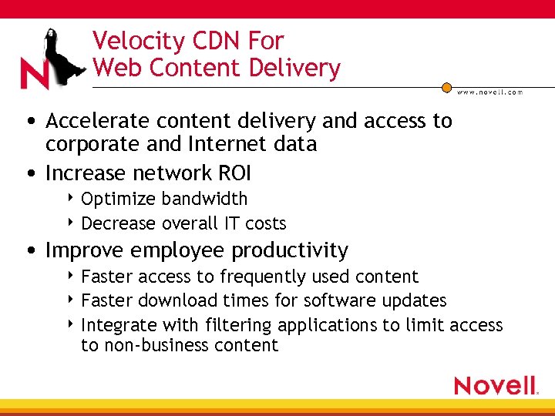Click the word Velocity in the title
[136, 41]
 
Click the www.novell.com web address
[489, 92]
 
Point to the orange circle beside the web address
[446, 88]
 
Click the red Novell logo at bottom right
[495, 385]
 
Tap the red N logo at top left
[35, 74]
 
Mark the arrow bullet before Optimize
[72, 199]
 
